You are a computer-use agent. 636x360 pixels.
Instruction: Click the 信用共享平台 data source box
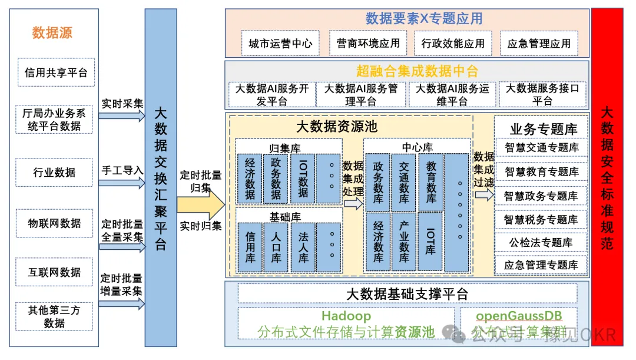click(x=56, y=72)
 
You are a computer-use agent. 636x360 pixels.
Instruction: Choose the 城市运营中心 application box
click(x=280, y=44)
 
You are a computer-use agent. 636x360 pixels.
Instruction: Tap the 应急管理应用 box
click(x=539, y=44)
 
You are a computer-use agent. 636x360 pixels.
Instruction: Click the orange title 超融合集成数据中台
click(x=417, y=71)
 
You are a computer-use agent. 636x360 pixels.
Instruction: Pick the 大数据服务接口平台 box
click(x=542, y=94)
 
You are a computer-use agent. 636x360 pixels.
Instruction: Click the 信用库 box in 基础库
click(x=250, y=246)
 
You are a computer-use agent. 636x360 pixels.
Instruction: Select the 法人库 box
click(x=303, y=246)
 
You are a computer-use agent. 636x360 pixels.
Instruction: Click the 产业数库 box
click(x=404, y=242)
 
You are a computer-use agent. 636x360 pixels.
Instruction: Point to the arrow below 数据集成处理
click(x=353, y=204)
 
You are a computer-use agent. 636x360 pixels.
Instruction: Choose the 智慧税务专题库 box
click(x=541, y=220)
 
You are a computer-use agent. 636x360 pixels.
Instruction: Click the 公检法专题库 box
click(x=541, y=242)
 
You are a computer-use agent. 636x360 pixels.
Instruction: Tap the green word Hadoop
click(x=346, y=316)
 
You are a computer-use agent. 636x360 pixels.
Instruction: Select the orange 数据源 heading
click(x=52, y=33)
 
